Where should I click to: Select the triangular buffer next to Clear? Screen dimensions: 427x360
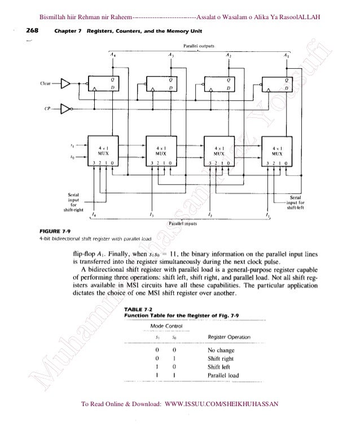point(67,84)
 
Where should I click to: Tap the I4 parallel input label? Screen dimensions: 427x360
point(93,216)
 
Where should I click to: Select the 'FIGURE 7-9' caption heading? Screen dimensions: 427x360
point(53,231)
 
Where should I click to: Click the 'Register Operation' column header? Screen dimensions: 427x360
point(229,337)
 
